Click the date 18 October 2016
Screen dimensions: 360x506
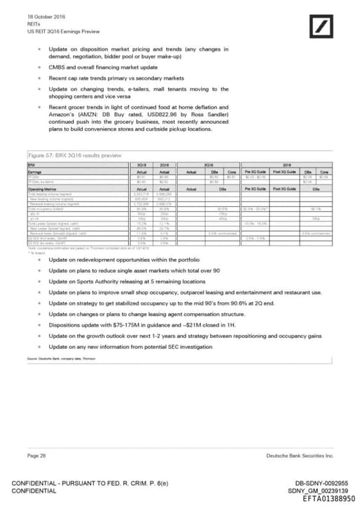pos(46,16)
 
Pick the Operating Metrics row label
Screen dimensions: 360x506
pos(42,189)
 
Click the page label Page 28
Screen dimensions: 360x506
pos(37,457)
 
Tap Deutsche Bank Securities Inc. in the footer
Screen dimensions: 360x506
pos(300,457)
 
